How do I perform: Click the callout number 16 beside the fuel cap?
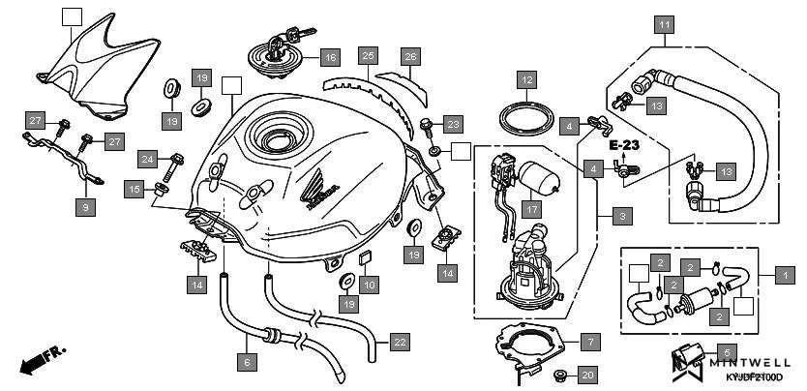(330, 56)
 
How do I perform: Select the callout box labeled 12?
(525, 78)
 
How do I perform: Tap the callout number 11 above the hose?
(664, 24)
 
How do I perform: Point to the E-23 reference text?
(625, 144)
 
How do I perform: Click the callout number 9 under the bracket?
(84, 206)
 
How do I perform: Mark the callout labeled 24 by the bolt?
(147, 158)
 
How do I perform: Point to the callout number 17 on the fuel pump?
(531, 207)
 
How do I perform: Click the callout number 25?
(367, 56)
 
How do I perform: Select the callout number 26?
(409, 56)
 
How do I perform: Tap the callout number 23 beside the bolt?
(455, 124)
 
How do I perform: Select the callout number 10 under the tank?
(368, 285)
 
